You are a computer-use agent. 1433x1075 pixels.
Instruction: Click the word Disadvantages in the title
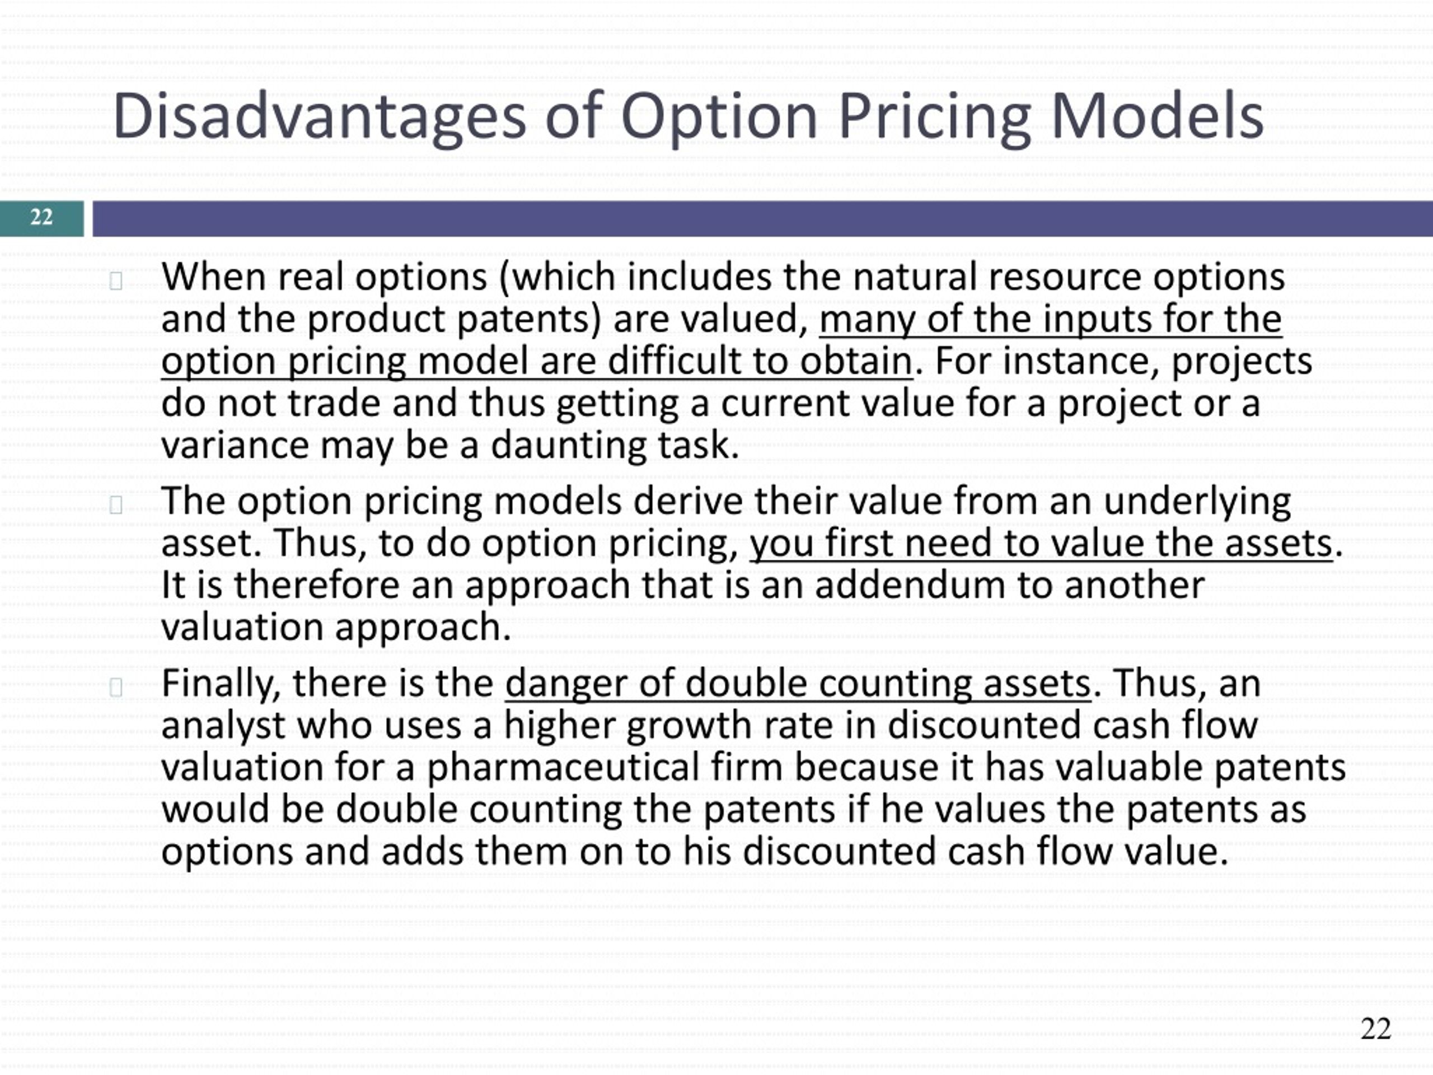pos(319,116)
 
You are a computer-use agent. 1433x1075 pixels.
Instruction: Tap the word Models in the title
pos(1157,116)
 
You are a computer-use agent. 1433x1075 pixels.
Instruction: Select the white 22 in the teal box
pos(41,217)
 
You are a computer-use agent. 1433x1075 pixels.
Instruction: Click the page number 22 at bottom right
pos(1375,1029)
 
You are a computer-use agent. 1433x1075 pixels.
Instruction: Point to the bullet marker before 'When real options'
pos(116,281)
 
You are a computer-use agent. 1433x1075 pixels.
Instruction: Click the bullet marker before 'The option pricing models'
pos(116,505)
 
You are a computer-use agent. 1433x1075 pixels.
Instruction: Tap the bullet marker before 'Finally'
pos(116,687)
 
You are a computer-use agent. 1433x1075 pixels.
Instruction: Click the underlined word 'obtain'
pos(856,362)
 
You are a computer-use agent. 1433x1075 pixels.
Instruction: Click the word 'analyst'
pos(223,726)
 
